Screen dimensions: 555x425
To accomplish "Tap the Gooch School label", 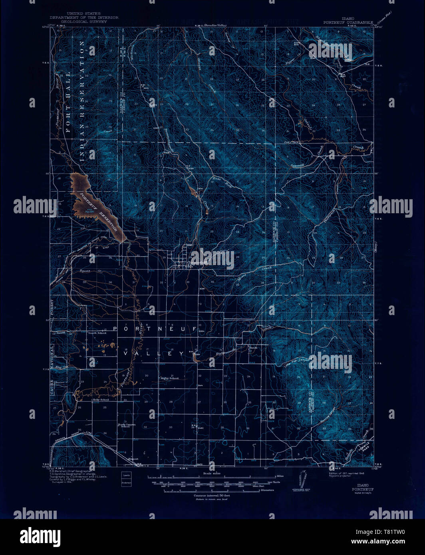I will pos(97,333).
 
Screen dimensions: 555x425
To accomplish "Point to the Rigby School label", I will pos(169,378).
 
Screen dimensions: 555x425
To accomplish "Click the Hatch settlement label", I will pos(253,348).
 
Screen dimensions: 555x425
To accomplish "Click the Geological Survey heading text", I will pos(84,22).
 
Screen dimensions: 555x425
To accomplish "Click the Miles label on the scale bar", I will pos(281,477).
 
